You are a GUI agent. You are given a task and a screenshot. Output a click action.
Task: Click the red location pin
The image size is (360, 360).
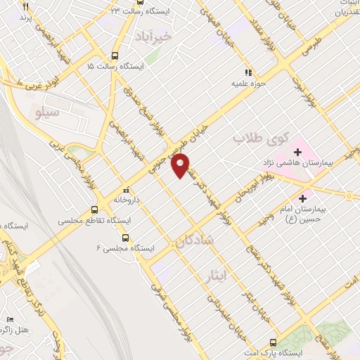tap(181, 167)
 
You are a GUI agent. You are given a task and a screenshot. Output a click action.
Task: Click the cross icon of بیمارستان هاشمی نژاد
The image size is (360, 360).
tap(297, 151)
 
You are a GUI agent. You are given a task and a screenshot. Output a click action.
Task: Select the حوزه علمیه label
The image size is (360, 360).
tap(247, 82)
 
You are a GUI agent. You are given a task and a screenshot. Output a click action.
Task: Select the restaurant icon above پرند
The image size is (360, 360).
tap(25, 6)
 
